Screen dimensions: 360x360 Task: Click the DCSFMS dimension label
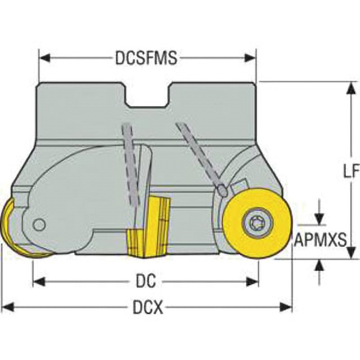[x=146, y=58]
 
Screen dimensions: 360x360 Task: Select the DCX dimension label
[x=148, y=307]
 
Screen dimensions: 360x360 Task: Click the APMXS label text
[x=320, y=240]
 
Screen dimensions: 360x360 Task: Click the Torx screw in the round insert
[x=257, y=222]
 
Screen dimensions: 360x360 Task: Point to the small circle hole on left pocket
[x=39, y=225]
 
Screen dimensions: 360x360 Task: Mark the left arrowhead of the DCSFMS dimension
[x=45, y=58]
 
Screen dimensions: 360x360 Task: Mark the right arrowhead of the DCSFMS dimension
[x=250, y=58]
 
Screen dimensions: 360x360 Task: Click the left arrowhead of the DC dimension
[x=39, y=282]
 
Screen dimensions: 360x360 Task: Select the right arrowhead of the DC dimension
[x=252, y=282]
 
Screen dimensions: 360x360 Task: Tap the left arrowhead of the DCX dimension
[x=8, y=307]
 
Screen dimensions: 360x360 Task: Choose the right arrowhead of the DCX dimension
[x=286, y=307]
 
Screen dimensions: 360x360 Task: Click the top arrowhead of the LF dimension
[x=351, y=88]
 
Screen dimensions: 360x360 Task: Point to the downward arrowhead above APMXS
[x=319, y=219]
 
